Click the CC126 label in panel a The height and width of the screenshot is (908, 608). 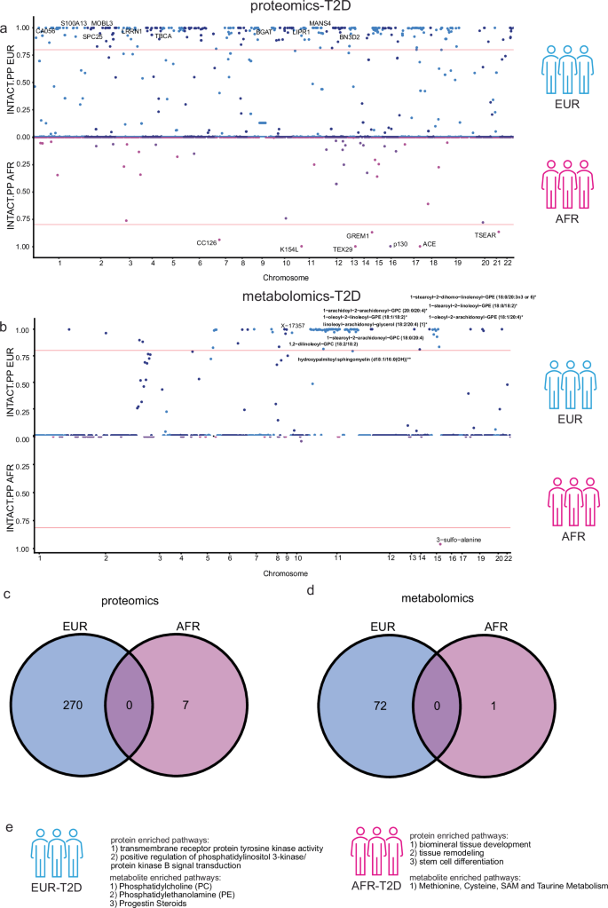(x=207, y=242)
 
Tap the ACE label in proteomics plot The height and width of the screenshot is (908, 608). (x=430, y=243)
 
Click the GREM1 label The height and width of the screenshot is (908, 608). (x=358, y=236)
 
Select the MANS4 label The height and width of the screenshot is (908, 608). (x=320, y=22)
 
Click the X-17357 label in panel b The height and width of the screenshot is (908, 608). (x=294, y=325)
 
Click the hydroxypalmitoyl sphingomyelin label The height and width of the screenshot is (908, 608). (x=354, y=359)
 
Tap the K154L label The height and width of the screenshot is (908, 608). (x=289, y=249)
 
